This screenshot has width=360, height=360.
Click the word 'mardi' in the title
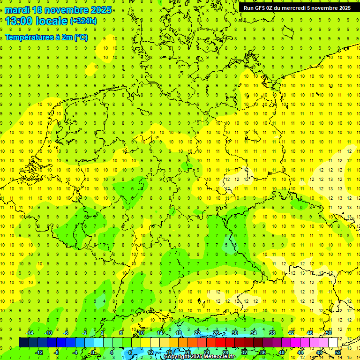point(17,10)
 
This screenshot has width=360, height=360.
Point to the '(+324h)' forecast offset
point(83,21)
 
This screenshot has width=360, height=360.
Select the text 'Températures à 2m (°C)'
point(46,37)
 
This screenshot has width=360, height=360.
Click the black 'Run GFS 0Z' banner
point(297,8)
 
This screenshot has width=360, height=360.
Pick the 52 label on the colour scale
point(338,352)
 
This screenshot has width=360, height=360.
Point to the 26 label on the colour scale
point(216,333)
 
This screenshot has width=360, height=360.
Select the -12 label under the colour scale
point(39,352)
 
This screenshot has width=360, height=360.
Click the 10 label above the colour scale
point(141,333)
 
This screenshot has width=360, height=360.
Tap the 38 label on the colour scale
point(272,333)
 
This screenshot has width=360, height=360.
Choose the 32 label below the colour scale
point(244,352)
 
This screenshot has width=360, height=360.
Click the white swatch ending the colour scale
point(333,342)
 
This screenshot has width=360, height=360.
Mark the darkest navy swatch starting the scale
point(23,342)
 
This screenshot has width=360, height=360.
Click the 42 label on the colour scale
point(291,333)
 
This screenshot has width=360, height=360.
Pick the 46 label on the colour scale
point(310,333)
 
